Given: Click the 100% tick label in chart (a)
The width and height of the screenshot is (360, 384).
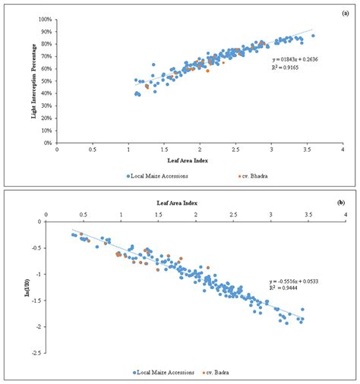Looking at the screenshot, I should (x=45, y=19).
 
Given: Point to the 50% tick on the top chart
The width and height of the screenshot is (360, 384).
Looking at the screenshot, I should (x=46, y=80).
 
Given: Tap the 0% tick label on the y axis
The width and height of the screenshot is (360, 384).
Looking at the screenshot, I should (x=48, y=143).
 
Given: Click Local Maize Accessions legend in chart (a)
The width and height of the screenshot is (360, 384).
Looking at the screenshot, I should (x=160, y=175).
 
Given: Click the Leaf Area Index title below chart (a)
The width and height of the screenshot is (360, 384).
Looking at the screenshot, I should (x=199, y=160).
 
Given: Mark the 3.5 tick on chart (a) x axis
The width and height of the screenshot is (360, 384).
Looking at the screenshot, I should (x=305, y=150).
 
